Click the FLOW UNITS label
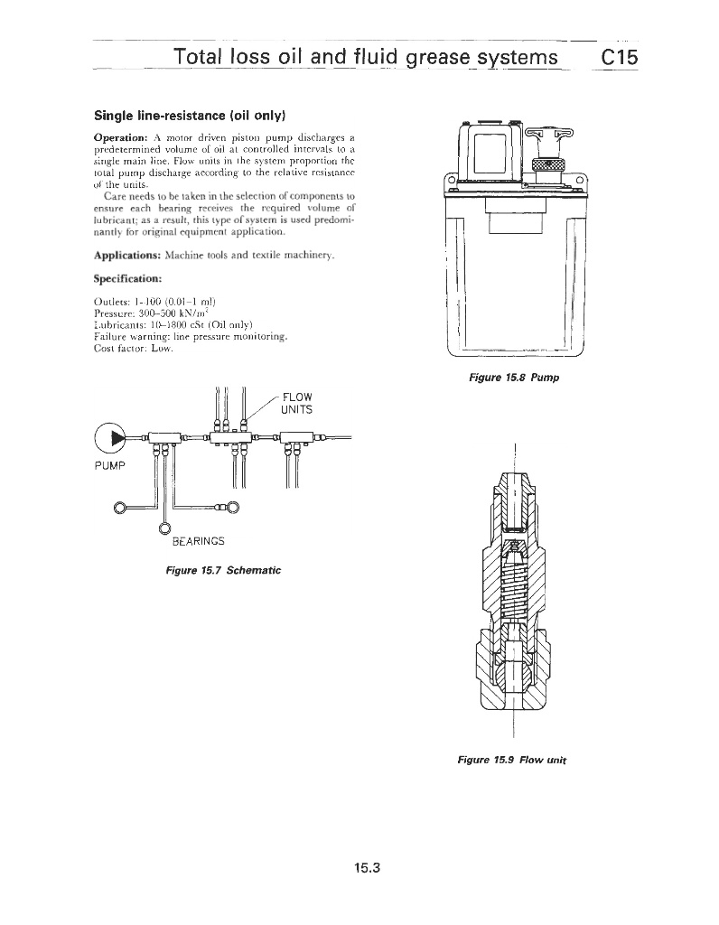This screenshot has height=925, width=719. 297,402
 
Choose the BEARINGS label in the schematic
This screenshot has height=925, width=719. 198,541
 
